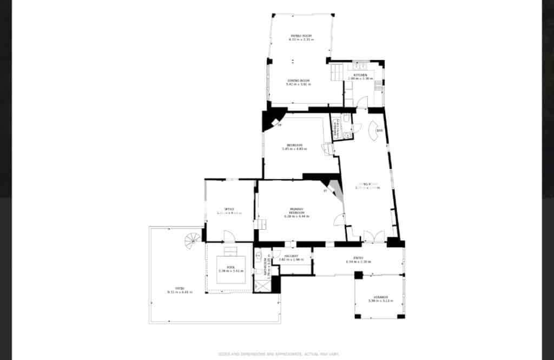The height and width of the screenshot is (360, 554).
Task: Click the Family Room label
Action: point(301,36)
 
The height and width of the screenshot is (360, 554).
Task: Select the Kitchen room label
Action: point(361,75)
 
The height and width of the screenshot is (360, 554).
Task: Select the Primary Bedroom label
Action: point(296,211)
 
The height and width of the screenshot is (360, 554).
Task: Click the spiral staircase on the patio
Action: point(192,239)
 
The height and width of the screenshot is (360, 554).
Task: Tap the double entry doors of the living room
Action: point(373,236)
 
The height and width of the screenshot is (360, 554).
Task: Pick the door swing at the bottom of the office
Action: point(229,237)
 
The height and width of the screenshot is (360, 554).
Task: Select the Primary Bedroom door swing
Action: point(339,219)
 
